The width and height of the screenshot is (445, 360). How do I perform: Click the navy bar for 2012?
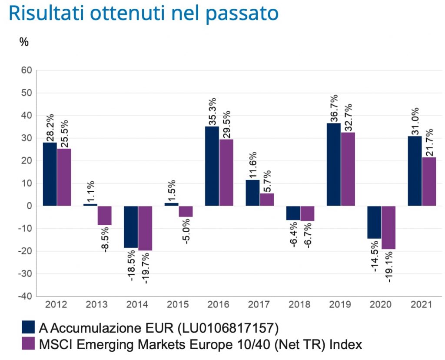click(50, 174)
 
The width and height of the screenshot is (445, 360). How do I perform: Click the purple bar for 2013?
click(104, 216)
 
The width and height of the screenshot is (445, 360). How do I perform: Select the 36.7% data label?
click(334, 108)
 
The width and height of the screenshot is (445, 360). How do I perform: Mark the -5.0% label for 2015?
click(186, 231)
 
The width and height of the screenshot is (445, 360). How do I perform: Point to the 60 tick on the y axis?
click(26, 70)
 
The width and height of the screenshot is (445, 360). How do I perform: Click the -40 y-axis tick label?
click(24, 297)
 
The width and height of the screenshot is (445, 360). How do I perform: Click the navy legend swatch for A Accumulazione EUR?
click(28, 326)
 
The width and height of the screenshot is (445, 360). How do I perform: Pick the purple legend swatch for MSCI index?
click(28, 344)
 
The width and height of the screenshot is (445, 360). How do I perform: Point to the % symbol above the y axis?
click(24, 42)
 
